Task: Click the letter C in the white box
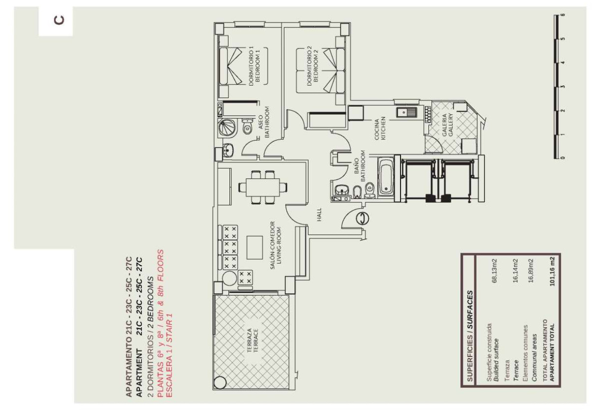click(x=56, y=21)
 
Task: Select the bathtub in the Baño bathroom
click(x=385, y=175)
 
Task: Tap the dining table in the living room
click(x=260, y=187)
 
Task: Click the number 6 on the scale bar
click(x=563, y=15)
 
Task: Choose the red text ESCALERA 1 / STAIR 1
click(x=170, y=360)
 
